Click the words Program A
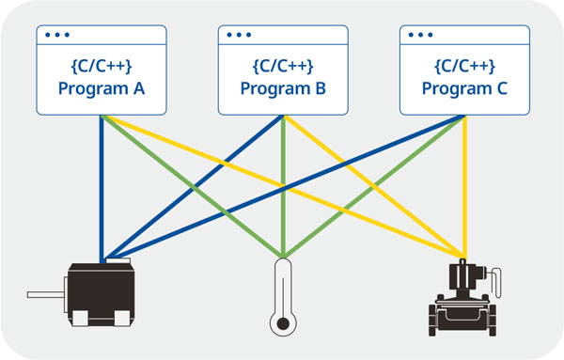coord(101,90)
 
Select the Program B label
coord(283,90)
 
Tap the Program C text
coord(464,90)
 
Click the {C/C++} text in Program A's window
coord(101,67)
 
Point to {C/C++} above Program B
coord(283,67)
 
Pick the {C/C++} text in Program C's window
coord(464,67)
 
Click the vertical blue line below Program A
coord(102,188)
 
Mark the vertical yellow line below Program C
coord(464,188)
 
